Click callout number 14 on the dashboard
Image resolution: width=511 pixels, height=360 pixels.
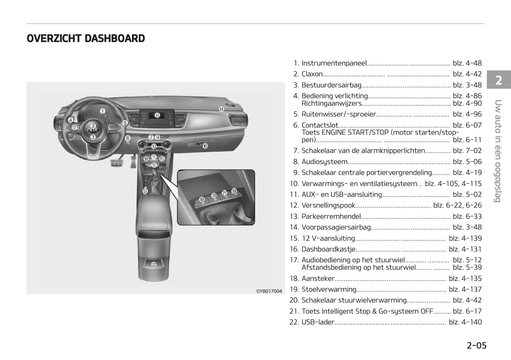pyautogui.click(x=221, y=109)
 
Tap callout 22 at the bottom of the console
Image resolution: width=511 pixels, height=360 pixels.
pyautogui.click(x=154, y=264)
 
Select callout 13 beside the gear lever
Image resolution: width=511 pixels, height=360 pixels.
pyautogui.click(x=145, y=191)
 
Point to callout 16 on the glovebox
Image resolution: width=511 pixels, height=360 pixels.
pyautogui.click(x=205, y=146)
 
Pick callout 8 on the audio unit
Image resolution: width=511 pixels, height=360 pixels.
pyautogui.click(x=157, y=115)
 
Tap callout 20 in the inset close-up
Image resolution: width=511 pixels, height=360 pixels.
pyautogui.click(x=214, y=196)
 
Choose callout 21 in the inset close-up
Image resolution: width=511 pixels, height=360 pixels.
pyautogui.click(x=224, y=193)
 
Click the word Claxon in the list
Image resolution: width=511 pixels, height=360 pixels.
pyautogui.click(x=312, y=74)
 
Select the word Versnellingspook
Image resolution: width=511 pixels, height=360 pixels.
pyautogui.click(x=328, y=205)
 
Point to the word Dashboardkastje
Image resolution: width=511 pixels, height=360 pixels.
pyautogui.click(x=328, y=249)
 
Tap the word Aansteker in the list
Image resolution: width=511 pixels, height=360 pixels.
pyautogui.click(x=318, y=279)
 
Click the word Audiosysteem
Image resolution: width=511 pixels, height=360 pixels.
pyautogui.click(x=325, y=162)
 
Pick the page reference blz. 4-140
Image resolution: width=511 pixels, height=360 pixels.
pyautogui.click(x=465, y=322)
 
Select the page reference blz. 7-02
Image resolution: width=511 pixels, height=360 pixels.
pyautogui.click(x=467, y=151)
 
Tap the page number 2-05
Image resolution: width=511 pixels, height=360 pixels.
pyautogui.click(x=476, y=346)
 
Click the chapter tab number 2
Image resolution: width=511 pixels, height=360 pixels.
pyautogui.click(x=499, y=81)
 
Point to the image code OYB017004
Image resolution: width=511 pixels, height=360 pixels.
pyautogui.click(x=269, y=291)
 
